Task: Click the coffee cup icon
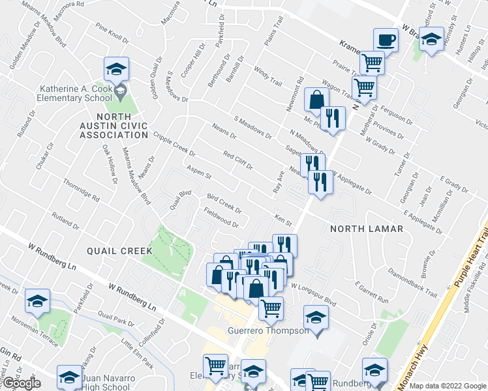point(386,39)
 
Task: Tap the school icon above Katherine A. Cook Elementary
point(116,69)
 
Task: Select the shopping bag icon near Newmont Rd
point(316,100)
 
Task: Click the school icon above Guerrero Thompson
point(316,317)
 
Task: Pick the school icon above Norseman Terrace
point(38,300)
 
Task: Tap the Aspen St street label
point(199,173)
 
